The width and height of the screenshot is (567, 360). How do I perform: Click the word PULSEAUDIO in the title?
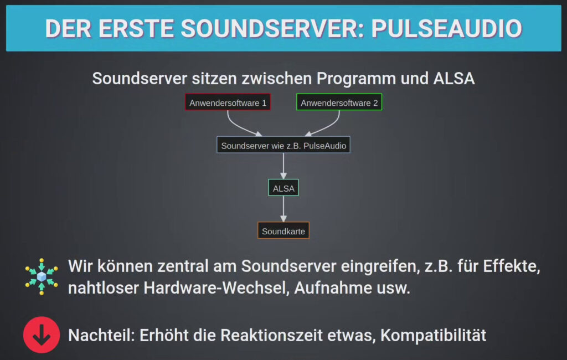447,29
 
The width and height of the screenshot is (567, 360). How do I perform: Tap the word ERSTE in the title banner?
136,29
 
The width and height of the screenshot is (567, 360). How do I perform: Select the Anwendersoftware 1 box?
228,102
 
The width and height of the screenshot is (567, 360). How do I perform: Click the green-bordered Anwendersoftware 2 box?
339,102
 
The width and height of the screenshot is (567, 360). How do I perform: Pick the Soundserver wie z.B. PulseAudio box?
283,145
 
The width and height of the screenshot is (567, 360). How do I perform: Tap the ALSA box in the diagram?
283,188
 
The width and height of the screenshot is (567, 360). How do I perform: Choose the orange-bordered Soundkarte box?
283,230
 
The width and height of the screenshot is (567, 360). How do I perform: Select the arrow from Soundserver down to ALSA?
283,166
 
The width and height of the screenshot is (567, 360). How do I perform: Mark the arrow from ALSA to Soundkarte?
283,209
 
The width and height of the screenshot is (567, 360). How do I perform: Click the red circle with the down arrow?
42,335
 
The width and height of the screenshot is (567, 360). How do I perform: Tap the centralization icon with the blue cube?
42,277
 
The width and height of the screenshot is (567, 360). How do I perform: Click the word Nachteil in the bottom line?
101,336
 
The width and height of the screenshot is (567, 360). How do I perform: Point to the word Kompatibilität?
433,336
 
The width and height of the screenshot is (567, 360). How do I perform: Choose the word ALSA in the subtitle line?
454,79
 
